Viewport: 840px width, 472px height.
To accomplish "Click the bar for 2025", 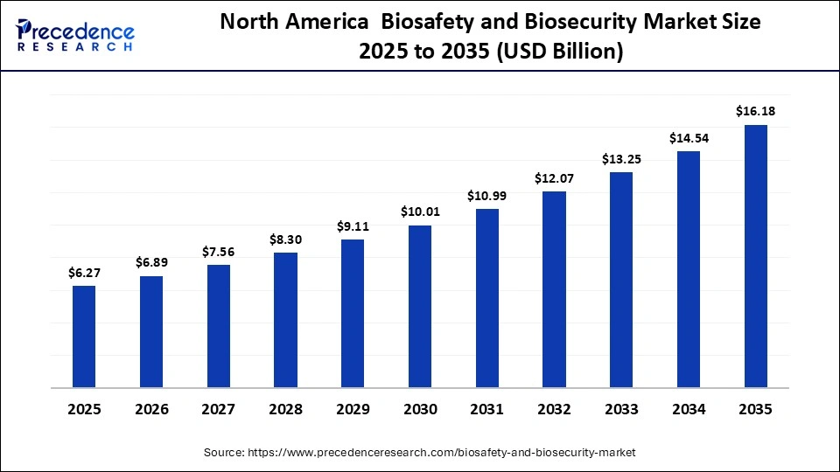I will coord(84,337).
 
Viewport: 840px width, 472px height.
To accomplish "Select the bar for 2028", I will coord(285,320).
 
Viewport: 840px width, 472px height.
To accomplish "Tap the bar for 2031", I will coord(486,298).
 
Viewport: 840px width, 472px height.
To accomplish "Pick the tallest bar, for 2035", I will coord(755,256).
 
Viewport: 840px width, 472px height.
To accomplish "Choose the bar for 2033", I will coord(621,280).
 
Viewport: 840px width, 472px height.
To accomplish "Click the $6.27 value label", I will coord(84,273).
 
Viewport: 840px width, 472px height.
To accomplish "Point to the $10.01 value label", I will coord(420,212).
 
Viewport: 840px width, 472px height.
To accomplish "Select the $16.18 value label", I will coord(755,111).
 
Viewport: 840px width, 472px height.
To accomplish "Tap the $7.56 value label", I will coord(219,252).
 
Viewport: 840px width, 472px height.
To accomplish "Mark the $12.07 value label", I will coord(554,178).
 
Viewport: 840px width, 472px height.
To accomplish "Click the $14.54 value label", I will coord(689,138).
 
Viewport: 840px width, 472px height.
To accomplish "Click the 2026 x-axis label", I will coord(151,409).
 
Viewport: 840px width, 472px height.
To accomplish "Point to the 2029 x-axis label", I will coord(353,409).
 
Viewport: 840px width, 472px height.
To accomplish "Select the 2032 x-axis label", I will coord(554,409).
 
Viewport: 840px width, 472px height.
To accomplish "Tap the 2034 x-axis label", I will coord(689,409).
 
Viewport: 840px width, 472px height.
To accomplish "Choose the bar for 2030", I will coord(420,307).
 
